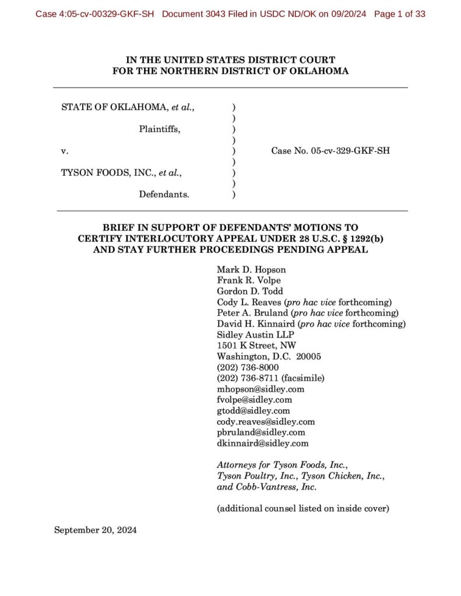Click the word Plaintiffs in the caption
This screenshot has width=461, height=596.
[159, 129]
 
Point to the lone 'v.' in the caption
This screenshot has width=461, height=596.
[65, 151]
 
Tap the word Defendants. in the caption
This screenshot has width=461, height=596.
[164, 194]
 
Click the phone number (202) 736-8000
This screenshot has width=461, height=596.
[248, 367]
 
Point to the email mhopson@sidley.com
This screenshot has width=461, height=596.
[261, 389]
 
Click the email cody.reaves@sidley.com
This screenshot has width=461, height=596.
[266, 421]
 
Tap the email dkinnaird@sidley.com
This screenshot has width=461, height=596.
[262, 444]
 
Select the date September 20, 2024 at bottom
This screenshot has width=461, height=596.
[95, 530]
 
